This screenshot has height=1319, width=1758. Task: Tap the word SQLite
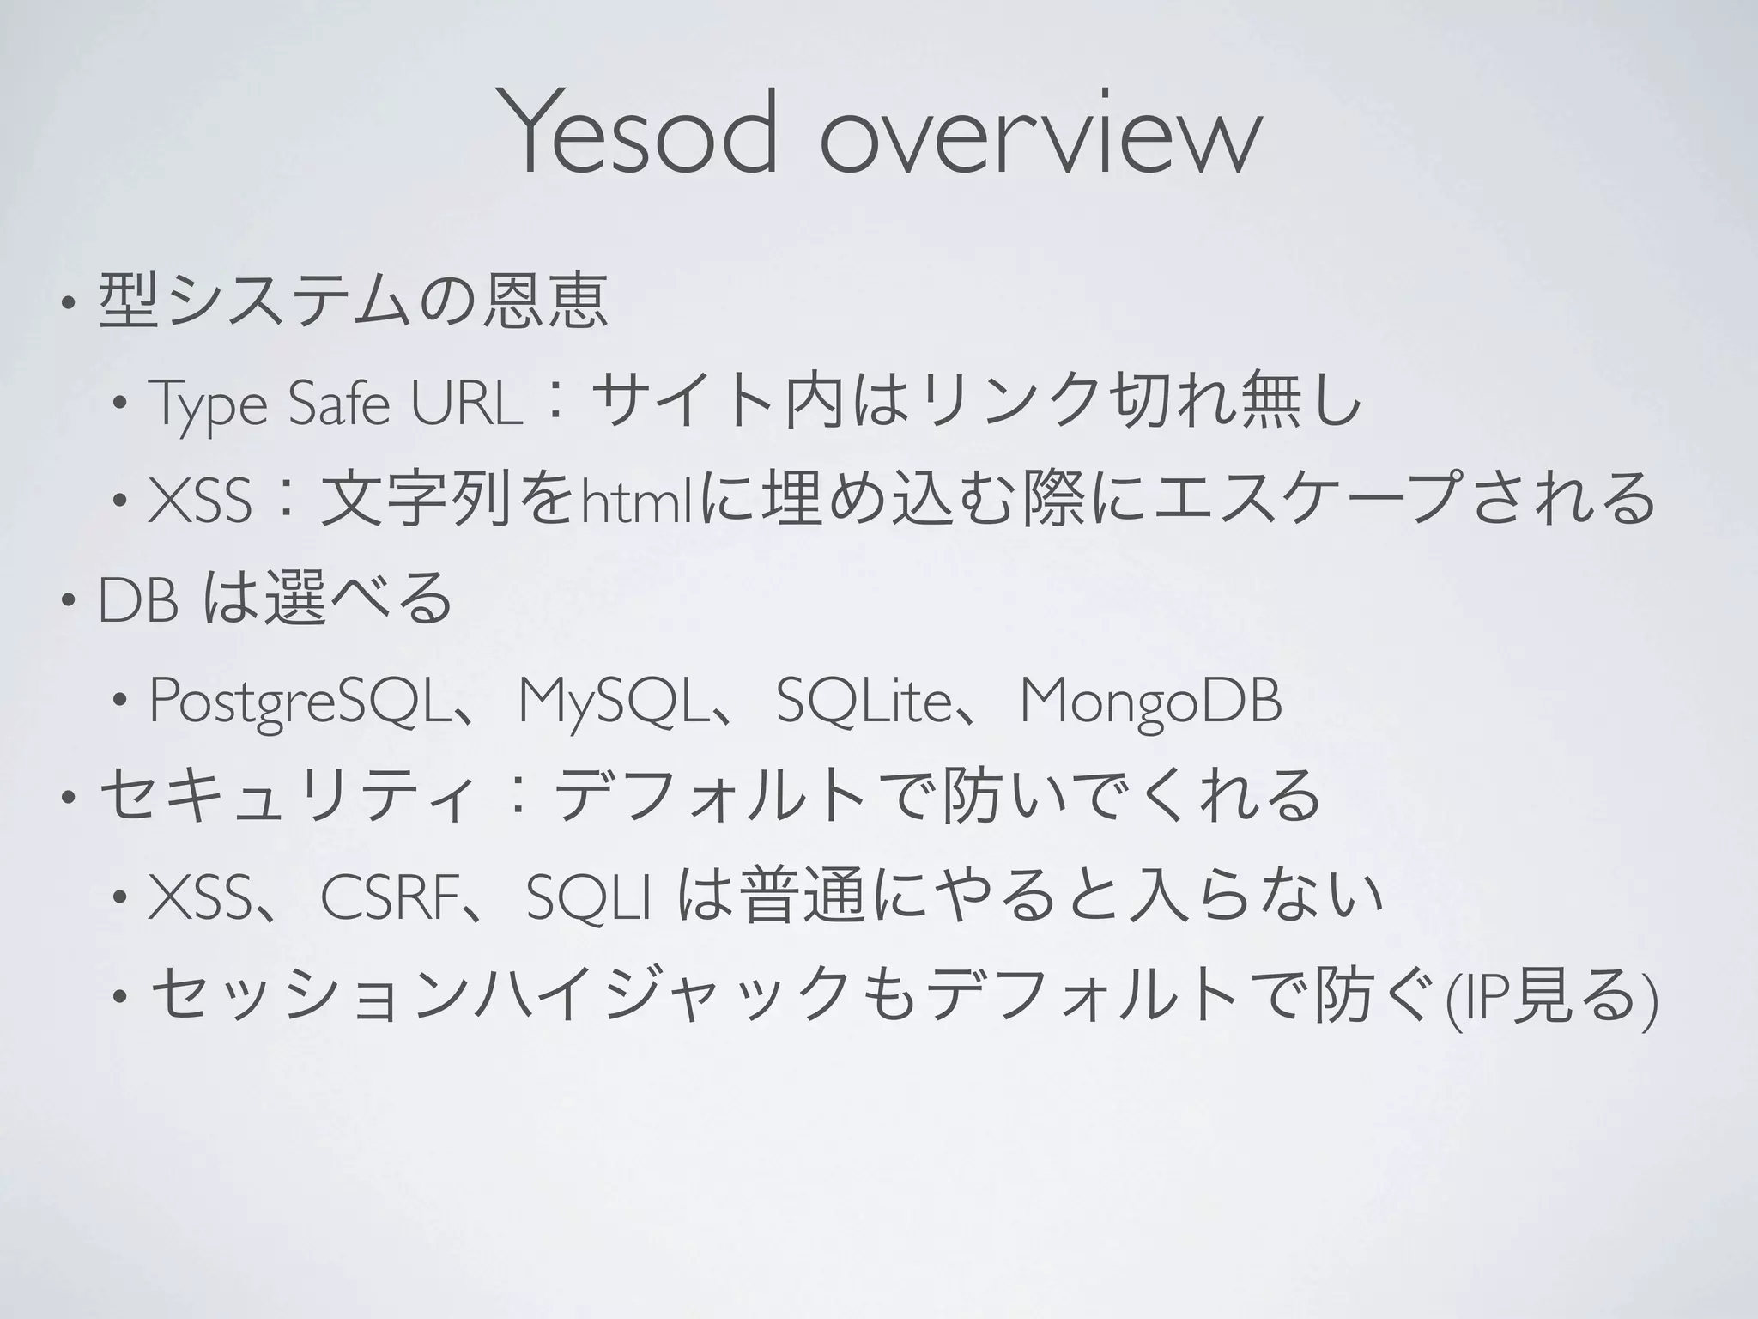pyautogui.click(x=862, y=701)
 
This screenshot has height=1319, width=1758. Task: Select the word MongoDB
pyautogui.click(x=1150, y=701)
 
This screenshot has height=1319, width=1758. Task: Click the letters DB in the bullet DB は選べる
pyautogui.click(x=138, y=602)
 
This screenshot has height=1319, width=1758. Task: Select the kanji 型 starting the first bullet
pyautogui.click(x=130, y=301)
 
